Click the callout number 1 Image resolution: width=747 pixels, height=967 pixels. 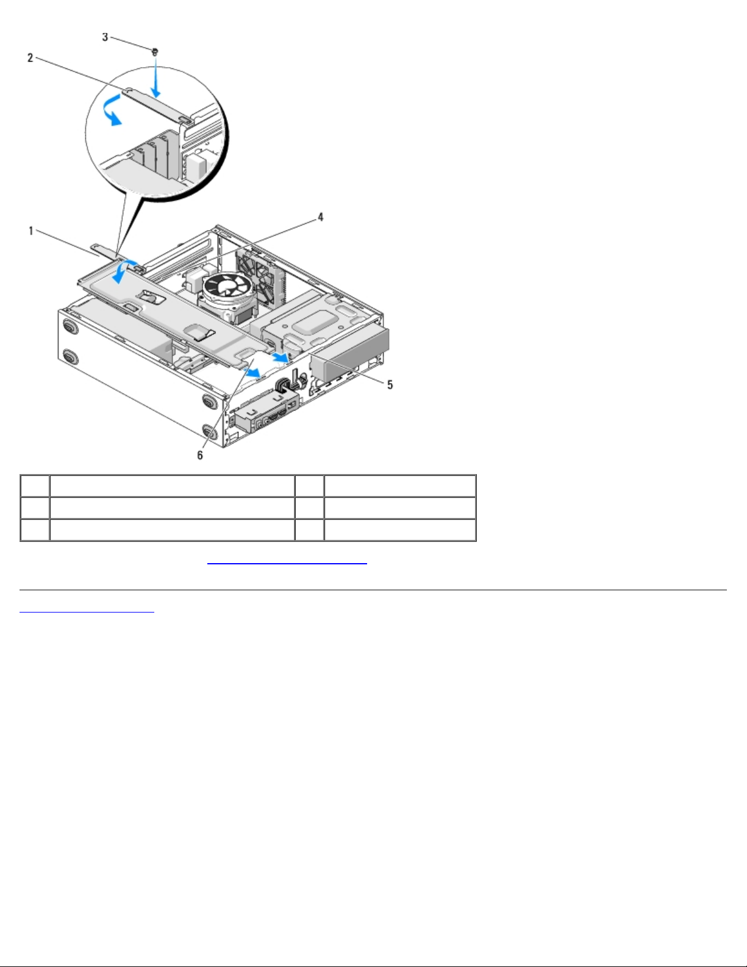click(x=30, y=231)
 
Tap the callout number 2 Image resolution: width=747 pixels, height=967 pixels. click(x=30, y=58)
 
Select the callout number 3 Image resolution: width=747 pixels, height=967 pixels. click(x=105, y=37)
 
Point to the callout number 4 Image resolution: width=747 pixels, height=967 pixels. click(x=320, y=217)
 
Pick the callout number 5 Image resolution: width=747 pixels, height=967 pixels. click(x=390, y=385)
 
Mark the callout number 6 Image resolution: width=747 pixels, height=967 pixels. click(x=200, y=455)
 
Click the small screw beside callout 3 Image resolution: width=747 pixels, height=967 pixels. click(x=155, y=52)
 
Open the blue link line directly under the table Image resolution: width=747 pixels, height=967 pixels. click(x=287, y=564)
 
